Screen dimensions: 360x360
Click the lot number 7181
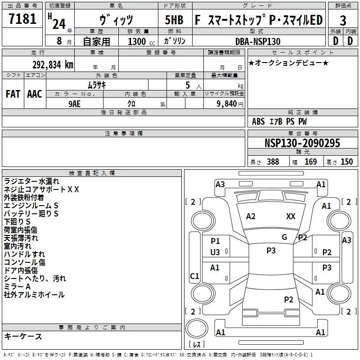pyautogui.click(x=22, y=19)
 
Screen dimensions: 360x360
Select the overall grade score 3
pyautogui.click(x=343, y=21)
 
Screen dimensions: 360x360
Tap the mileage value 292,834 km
pyautogui.click(x=53, y=65)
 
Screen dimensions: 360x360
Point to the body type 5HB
pyautogui.click(x=174, y=20)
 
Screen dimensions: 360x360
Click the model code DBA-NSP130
pyautogui.click(x=258, y=41)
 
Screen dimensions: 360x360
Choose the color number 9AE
pyautogui.click(x=74, y=104)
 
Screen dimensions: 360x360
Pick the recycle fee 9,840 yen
pyautogui.click(x=229, y=104)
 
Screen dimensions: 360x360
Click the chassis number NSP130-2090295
pyautogui.click(x=302, y=143)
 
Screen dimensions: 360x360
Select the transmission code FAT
pyautogui.click(x=13, y=94)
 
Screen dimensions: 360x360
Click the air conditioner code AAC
pyautogui.click(x=35, y=94)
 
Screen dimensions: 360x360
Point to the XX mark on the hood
pyautogui.click(x=291, y=216)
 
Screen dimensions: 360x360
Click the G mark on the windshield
pyautogui.click(x=284, y=237)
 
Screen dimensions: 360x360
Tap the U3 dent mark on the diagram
pyautogui.click(x=215, y=252)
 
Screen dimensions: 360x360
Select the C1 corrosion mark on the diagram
pyautogui.click(x=194, y=276)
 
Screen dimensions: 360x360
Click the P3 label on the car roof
pyautogui.click(x=271, y=251)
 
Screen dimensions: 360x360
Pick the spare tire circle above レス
pyautogui.click(x=197, y=328)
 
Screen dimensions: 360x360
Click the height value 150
pyautogui.click(x=346, y=162)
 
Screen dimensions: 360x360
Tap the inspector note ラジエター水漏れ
pyautogui.click(x=31, y=181)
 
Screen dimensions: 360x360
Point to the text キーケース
pyautogui.click(x=23, y=336)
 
